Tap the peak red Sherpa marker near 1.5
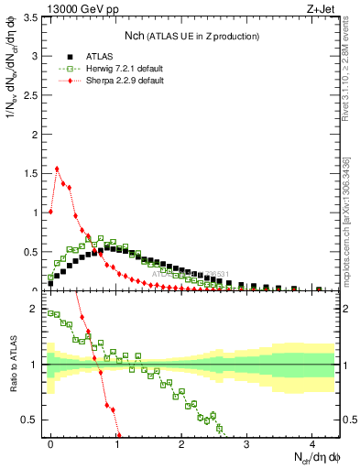(x=58, y=169)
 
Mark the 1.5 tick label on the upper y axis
(x=30, y=173)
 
